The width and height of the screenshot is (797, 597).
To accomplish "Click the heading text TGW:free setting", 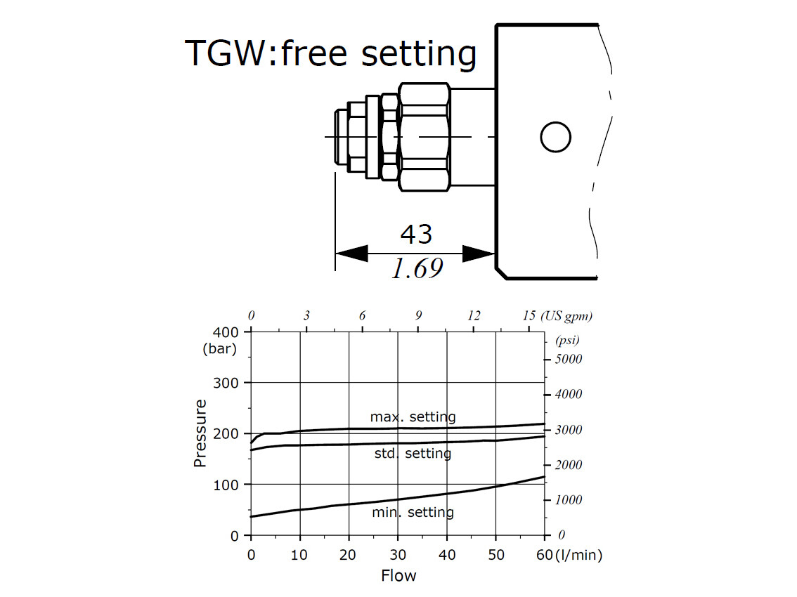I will (330, 54).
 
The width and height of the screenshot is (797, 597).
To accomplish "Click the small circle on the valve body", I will (555, 137).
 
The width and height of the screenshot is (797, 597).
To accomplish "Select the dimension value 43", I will (415, 234).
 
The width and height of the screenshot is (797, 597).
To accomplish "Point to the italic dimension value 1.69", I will (417, 269).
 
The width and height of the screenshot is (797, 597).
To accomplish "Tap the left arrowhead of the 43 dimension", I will (351, 254).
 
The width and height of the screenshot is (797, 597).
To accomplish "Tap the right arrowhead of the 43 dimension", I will (479, 254).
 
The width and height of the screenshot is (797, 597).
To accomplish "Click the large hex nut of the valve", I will (423, 136).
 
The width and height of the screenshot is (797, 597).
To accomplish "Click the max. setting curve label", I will (413, 417).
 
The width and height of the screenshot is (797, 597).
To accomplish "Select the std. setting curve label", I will (413, 454).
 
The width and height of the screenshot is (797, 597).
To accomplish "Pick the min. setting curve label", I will (413, 512).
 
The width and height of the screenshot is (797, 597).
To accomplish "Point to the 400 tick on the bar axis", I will (226, 332).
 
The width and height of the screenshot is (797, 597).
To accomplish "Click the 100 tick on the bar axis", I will (226, 485).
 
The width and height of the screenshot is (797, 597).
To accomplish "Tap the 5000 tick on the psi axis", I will (569, 359).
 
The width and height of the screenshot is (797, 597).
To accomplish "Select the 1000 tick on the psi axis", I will (569, 500).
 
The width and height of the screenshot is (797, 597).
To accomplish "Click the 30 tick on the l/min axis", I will (398, 555).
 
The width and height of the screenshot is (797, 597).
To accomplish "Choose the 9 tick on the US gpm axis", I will (418, 316).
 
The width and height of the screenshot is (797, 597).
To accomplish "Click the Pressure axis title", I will (200, 433).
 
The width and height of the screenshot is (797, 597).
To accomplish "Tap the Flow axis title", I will (398, 576).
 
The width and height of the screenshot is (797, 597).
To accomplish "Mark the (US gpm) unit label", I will (566, 316).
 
